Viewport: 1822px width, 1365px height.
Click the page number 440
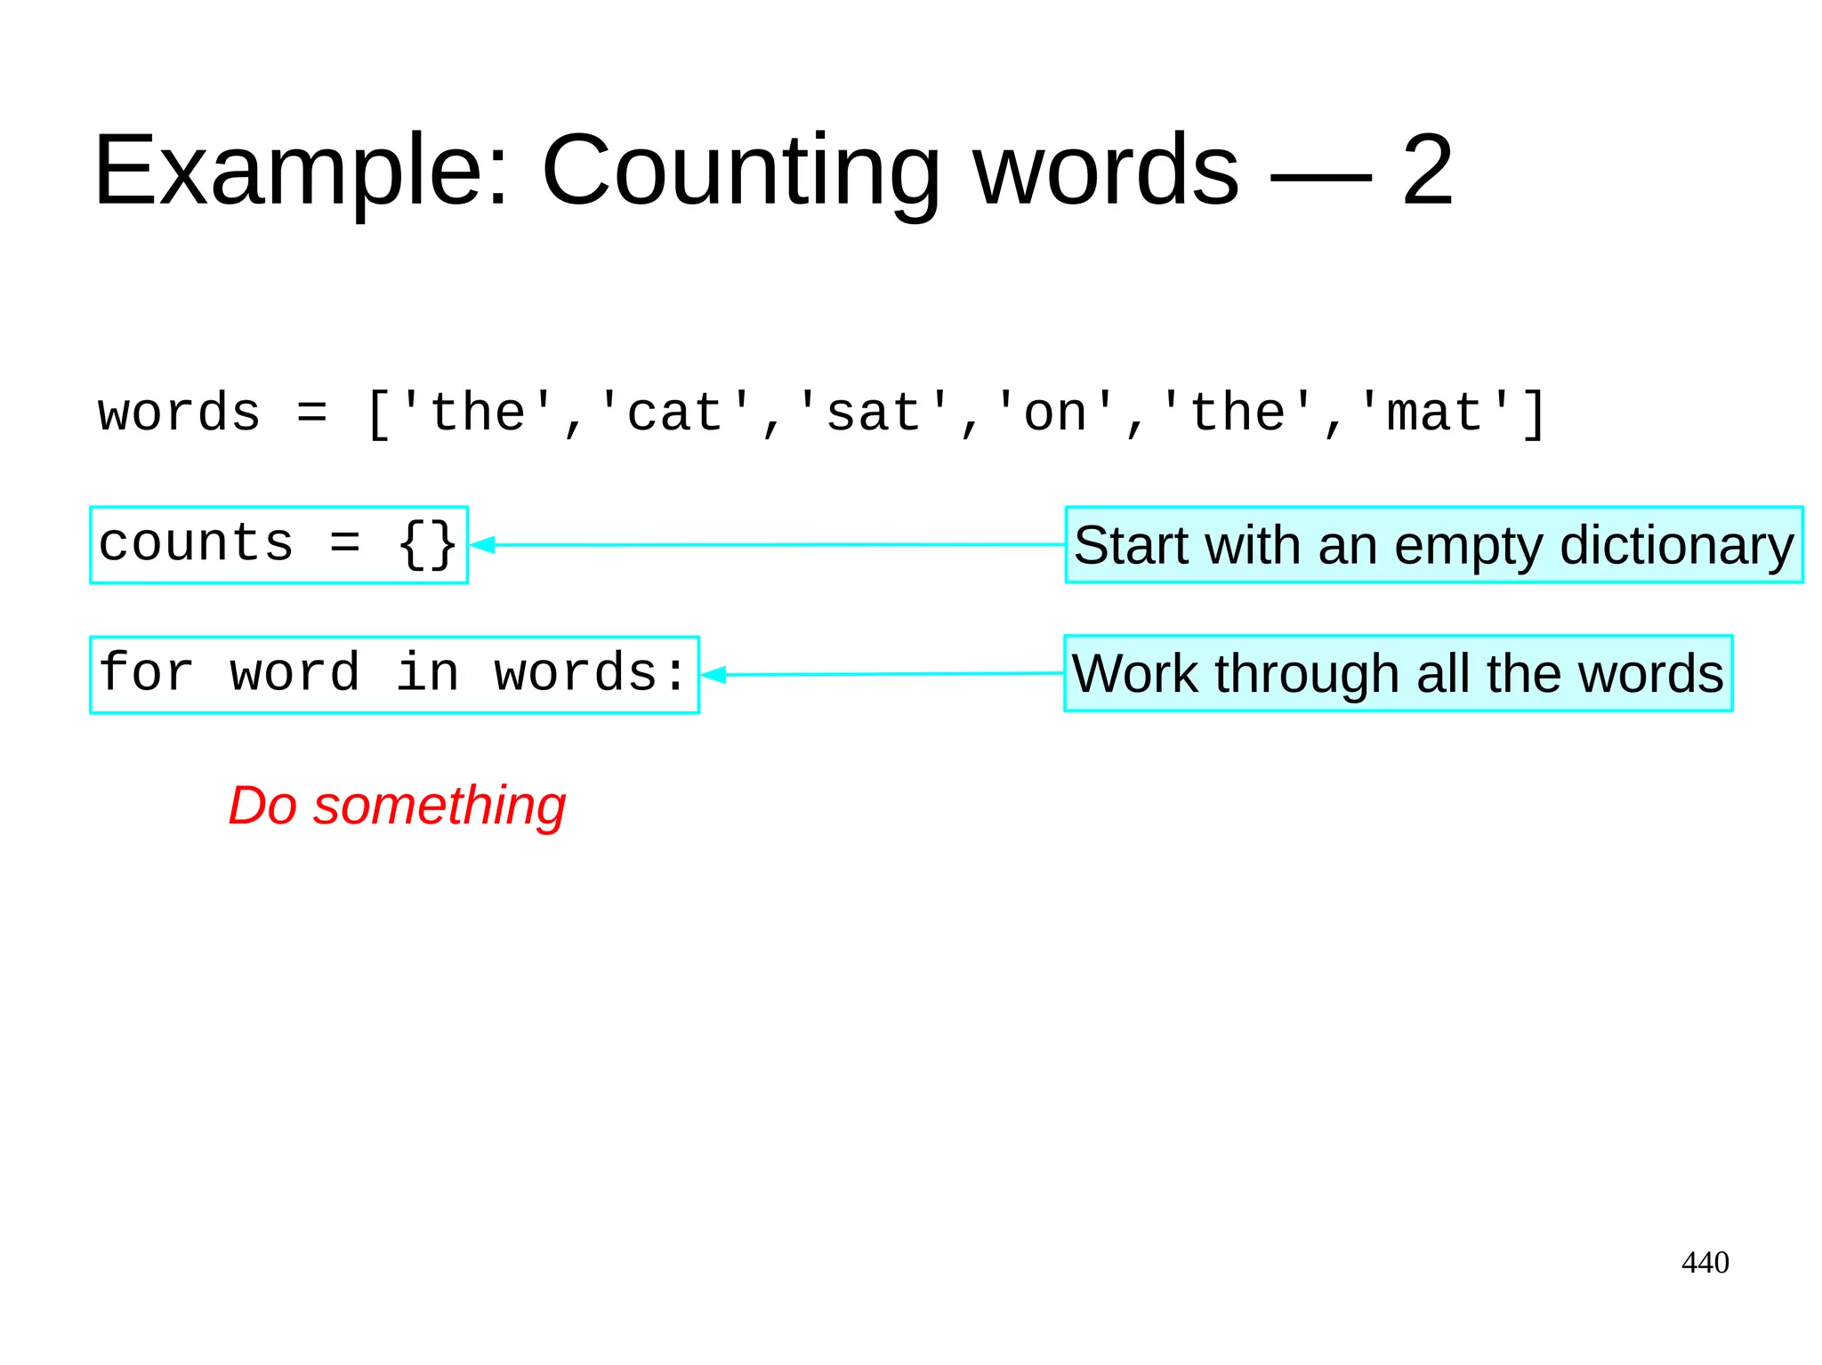pos(1705,1262)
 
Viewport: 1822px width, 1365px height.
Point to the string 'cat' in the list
pos(675,414)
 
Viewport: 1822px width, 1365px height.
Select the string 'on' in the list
pos(1056,414)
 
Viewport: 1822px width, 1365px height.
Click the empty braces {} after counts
pos(428,544)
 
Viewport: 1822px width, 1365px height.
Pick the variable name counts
pos(196,543)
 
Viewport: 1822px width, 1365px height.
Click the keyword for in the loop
pos(146,673)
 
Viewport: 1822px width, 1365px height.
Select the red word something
pos(439,806)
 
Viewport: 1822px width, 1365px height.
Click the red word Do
pos(262,806)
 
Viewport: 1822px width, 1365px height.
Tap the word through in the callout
pos(1308,674)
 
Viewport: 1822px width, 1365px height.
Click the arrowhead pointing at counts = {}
pos(482,544)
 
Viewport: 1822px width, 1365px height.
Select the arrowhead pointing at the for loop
pos(713,675)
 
